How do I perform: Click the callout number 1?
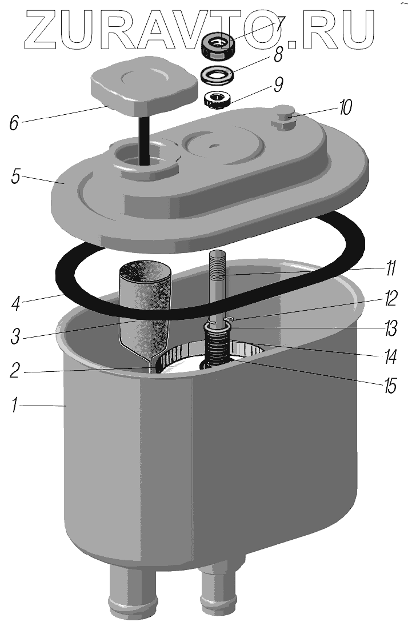(15, 405)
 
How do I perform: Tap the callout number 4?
(17, 303)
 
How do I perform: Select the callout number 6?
(15, 123)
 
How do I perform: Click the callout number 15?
(390, 386)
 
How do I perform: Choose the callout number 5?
(16, 175)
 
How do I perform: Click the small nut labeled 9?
(217, 101)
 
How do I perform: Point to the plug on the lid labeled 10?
(283, 116)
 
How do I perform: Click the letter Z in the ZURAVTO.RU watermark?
(42, 29)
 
